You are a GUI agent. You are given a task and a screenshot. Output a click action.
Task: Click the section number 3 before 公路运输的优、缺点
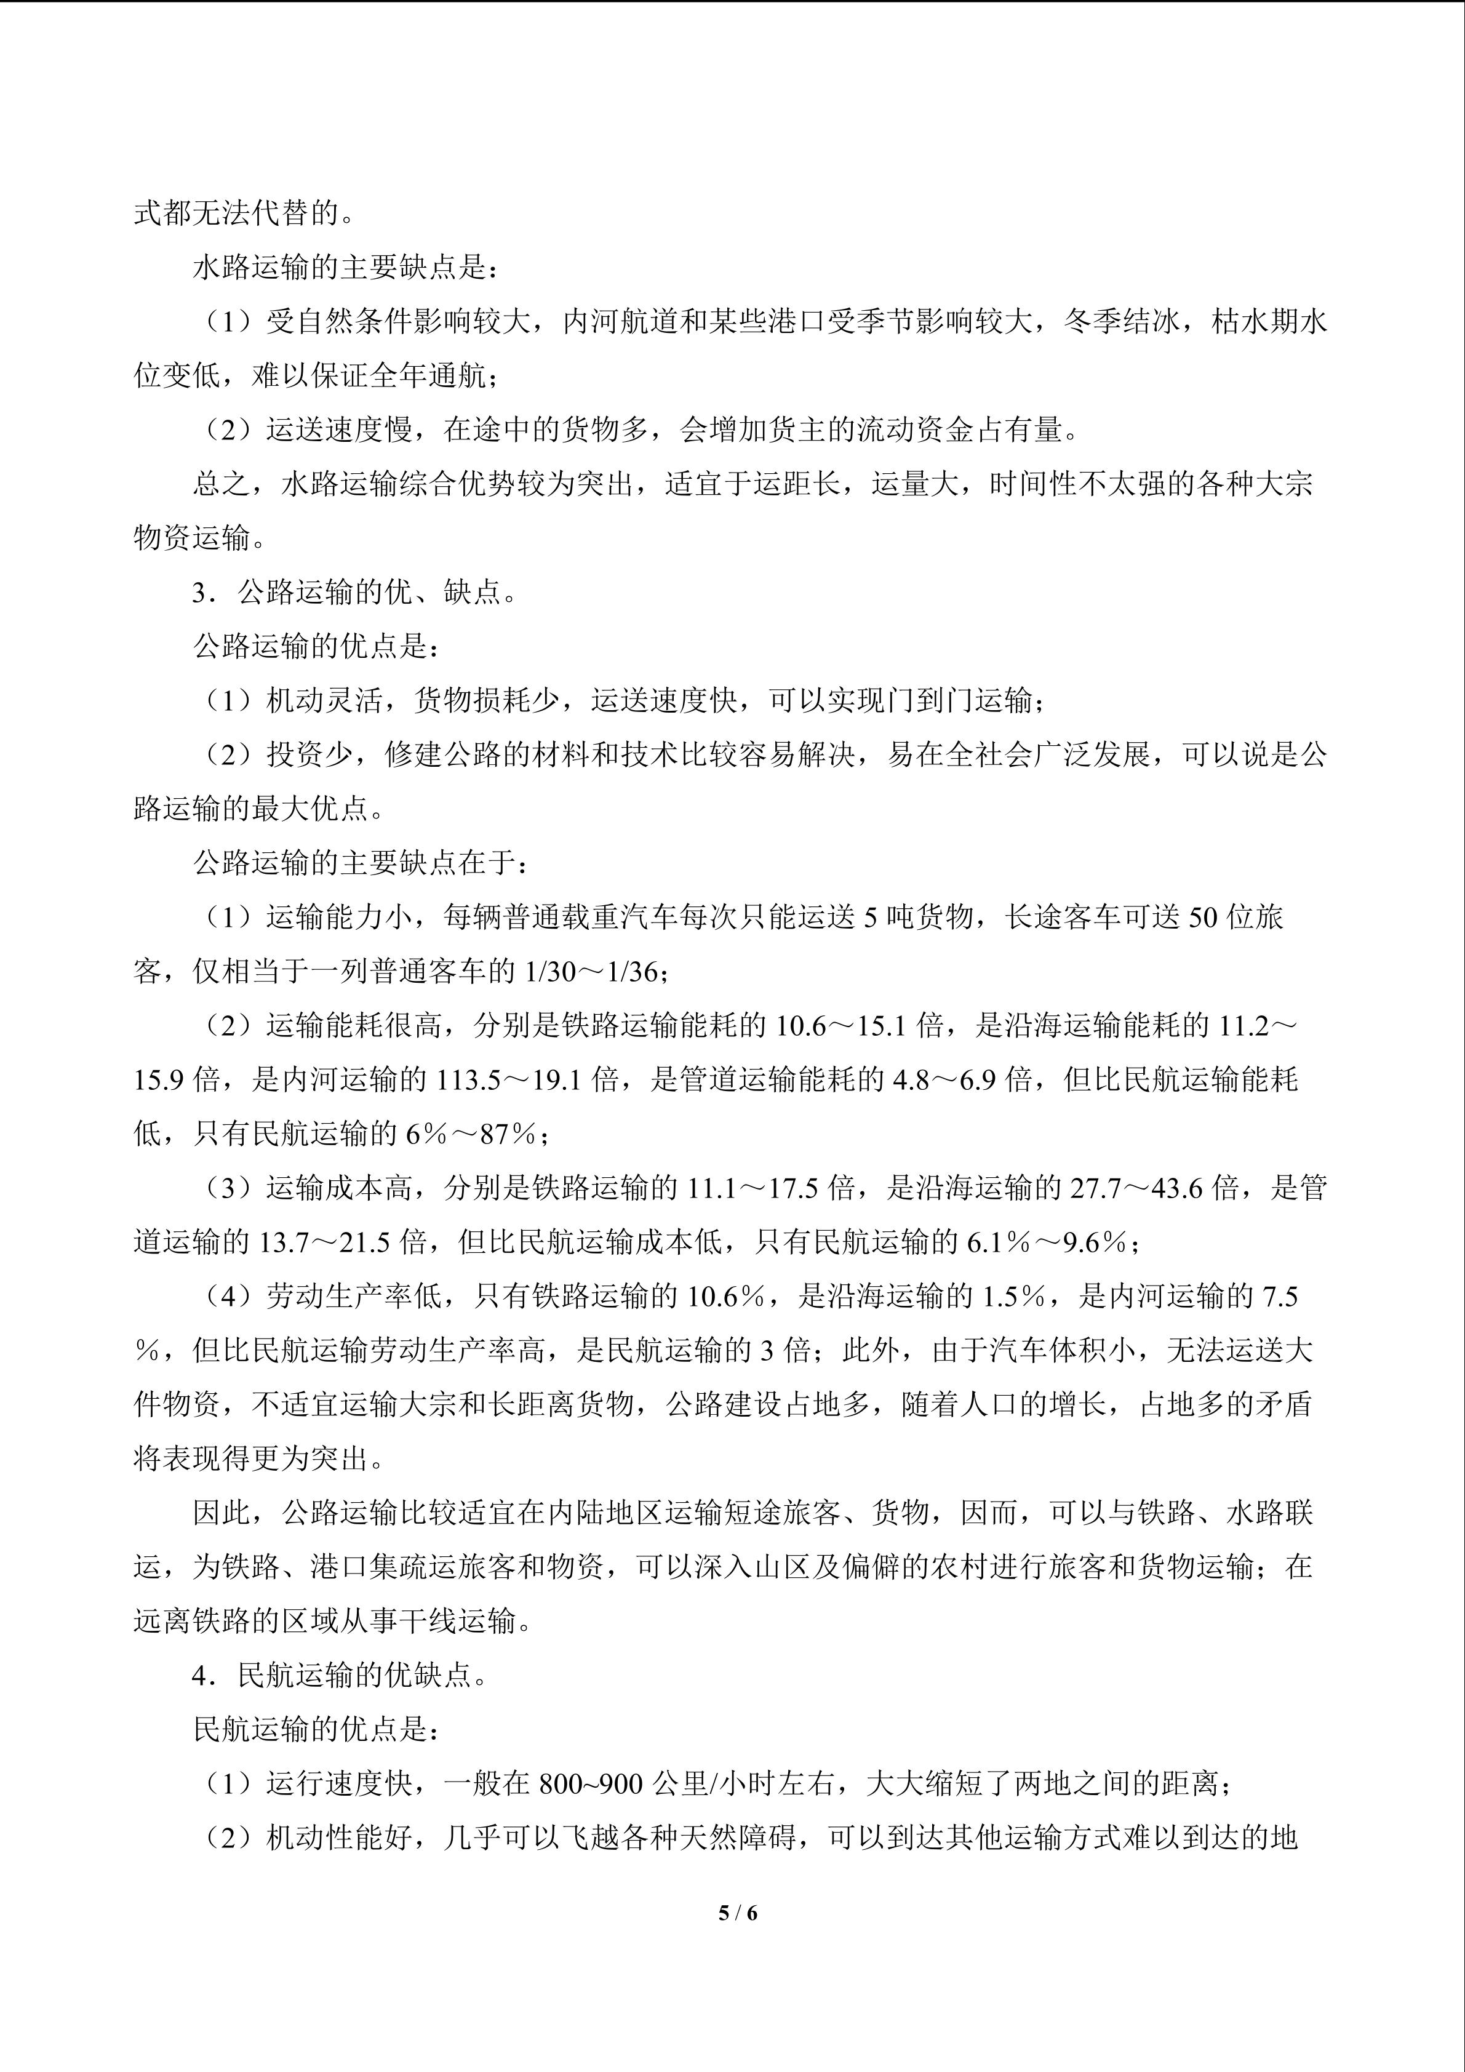(199, 593)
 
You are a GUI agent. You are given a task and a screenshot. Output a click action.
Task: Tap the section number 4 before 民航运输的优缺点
(199, 1676)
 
